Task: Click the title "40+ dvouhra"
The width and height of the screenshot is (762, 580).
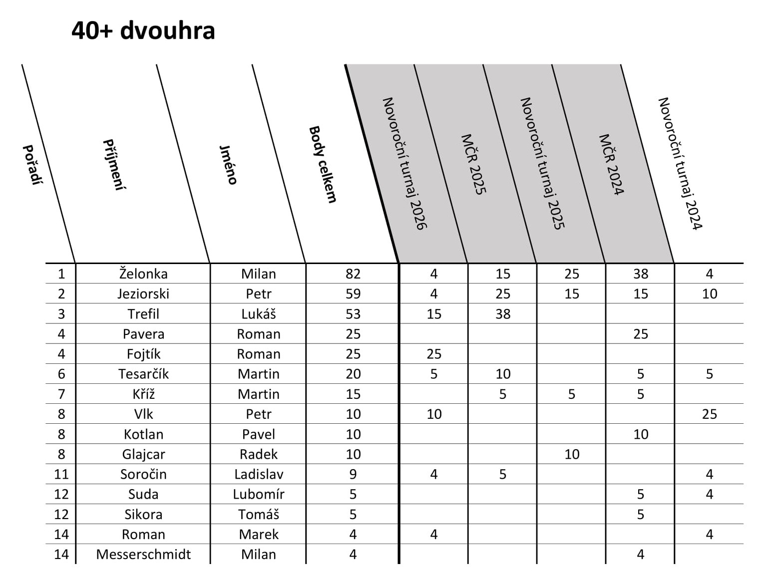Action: [x=143, y=30]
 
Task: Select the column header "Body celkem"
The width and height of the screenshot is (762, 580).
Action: [x=323, y=164]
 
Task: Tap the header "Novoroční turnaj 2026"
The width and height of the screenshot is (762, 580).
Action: [x=404, y=163]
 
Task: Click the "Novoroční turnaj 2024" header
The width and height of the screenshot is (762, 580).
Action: [x=680, y=163]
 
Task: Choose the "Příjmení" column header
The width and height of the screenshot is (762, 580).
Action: [x=114, y=165]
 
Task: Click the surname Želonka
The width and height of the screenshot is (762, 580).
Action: [x=143, y=274]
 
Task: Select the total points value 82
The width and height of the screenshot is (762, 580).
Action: [x=353, y=274]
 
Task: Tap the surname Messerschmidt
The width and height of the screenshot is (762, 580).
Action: [x=143, y=554]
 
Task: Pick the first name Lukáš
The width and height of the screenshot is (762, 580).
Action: [x=259, y=314]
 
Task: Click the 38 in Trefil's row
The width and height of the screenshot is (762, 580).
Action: [x=503, y=314]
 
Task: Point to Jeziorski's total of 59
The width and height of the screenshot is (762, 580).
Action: [x=353, y=293]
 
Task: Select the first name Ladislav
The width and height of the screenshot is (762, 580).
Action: [x=259, y=474]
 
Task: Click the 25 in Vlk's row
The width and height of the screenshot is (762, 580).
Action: [x=709, y=414]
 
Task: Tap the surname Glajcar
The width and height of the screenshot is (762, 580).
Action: [x=143, y=454]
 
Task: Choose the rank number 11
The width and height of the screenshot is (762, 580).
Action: [x=61, y=474]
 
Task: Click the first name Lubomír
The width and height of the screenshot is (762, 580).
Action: [x=259, y=494]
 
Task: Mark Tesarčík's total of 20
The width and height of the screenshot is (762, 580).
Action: [x=353, y=374]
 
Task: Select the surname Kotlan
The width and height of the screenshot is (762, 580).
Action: [x=143, y=434]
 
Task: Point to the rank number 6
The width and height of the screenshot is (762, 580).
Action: [x=61, y=374]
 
